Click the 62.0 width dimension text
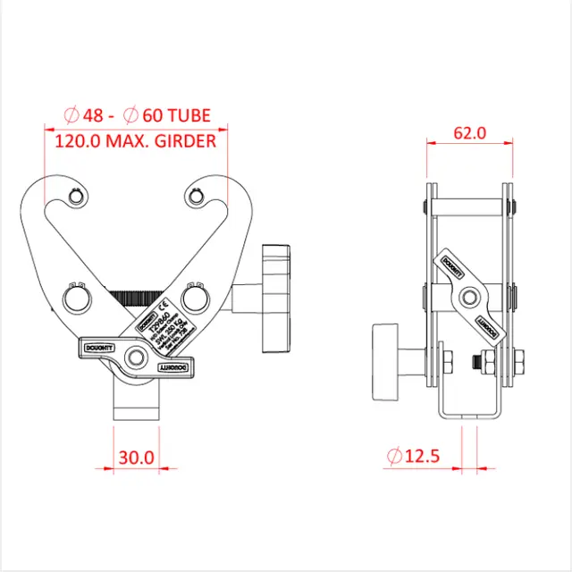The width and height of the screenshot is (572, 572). pos(469,133)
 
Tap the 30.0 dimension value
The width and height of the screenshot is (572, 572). pos(136,457)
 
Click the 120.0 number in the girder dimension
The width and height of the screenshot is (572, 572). pos(79,141)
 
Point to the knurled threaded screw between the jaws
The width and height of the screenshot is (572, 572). pos(137,294)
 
